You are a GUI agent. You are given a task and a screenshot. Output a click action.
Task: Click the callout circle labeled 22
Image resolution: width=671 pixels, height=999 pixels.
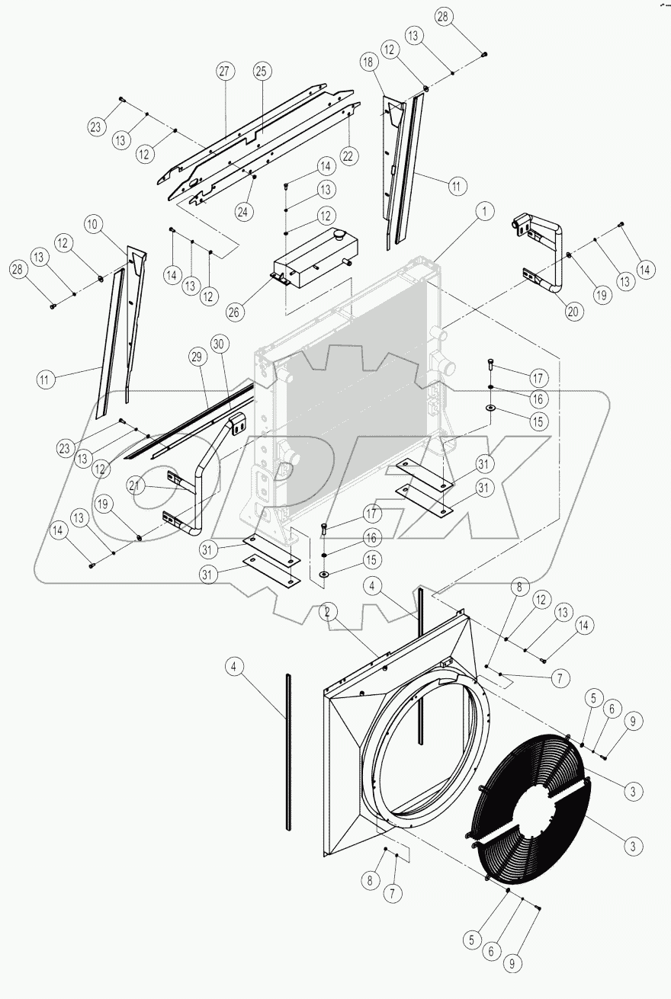pos(348,155)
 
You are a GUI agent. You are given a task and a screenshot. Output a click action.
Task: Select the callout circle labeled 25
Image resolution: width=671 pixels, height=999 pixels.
pos(262,72)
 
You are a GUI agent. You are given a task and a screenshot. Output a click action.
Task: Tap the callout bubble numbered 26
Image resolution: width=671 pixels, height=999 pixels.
pos(236,311)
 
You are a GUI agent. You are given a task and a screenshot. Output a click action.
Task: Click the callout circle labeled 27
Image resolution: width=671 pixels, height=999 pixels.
pos(224,72)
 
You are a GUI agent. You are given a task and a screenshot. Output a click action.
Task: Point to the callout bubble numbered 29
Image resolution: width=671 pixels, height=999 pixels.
pos(197,357)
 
